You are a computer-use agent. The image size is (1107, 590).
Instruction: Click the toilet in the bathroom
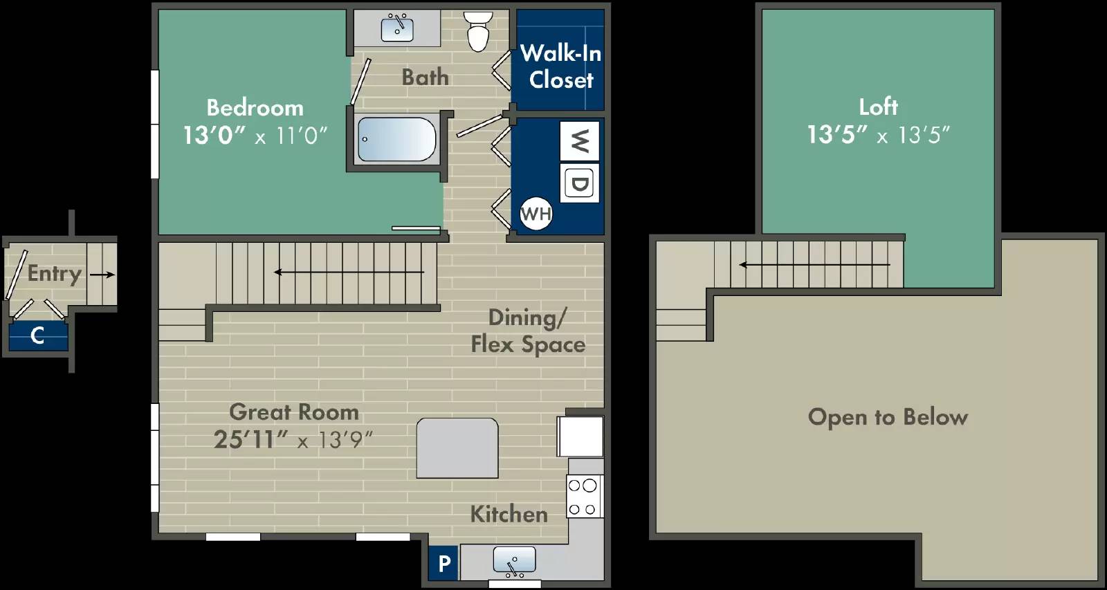[478, 32]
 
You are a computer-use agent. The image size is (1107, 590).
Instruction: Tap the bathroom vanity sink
[397, 28]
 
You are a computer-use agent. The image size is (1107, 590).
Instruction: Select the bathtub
[396, 139]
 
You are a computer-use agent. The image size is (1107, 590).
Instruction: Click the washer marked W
[580, 141]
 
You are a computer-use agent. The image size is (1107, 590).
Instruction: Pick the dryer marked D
[580, 183]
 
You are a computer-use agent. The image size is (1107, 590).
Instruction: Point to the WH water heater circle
[536, 214]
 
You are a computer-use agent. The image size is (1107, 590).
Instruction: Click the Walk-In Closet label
[561, 66]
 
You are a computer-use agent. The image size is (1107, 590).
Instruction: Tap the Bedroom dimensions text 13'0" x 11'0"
[255, 135]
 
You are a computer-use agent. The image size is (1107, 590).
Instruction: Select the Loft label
[878, 107]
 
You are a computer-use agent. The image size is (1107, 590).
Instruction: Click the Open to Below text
[888, 417]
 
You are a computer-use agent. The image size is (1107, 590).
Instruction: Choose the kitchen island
[457, 448]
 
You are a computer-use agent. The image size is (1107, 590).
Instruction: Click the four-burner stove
[583, 497]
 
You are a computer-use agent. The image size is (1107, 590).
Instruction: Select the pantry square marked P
[444, 563]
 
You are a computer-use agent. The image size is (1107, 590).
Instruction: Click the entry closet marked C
[38, 336]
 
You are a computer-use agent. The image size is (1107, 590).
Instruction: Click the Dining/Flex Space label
[528, 331]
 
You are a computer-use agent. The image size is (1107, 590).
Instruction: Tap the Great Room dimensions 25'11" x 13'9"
[293, 439]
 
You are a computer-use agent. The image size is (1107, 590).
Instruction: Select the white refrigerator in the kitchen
[580, 436]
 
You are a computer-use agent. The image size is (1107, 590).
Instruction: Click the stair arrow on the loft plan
[814, 265]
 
